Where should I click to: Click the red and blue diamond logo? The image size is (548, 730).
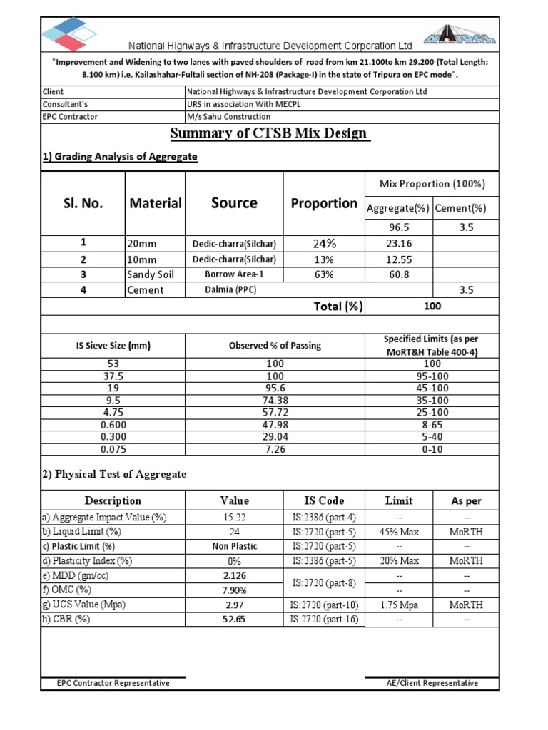pyautogui.click(x=68, y=32)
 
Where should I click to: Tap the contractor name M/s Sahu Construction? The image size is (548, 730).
pyautogui.click(x=228, y=116)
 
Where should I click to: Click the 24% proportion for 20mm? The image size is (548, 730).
pyautogui.click(x=324, y=244)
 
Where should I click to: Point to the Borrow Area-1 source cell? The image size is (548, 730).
pyautogui.click(x=234, y=274)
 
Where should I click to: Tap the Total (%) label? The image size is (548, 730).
pyautogui.click(x=338, y=307)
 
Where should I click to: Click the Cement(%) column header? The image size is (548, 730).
pyautogui.click(x=460, y=208)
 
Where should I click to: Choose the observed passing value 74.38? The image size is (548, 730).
pyautogui.click(x=275, y=401)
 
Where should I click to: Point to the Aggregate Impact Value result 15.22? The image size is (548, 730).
pyautogui.click(x=234, y=517)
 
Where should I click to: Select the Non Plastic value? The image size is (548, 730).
pyautogui.click(x=234, y=546)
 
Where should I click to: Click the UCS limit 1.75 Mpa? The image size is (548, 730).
pyautogui.click(x=399, y=605)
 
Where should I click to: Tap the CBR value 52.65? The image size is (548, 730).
pyautogui.click(x=234, y=620)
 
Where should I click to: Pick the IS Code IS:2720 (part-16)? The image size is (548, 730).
pyautogui.click(x=324, y=620)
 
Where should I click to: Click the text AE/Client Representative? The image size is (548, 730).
pyautogui.click(x=432, y=683)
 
